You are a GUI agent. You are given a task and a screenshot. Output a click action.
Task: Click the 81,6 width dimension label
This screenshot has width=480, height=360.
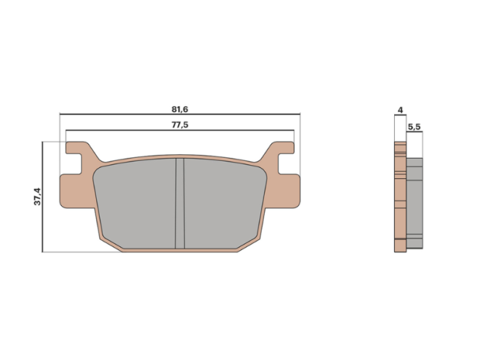(x=179, y=108)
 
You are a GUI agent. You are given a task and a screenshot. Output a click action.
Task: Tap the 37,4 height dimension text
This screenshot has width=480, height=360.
(x=38, y=196)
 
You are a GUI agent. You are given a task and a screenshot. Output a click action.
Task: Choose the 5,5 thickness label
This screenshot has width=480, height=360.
(x=414, y=127)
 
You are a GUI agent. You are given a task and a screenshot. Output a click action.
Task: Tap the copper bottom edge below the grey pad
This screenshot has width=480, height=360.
(x=182, y=248)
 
